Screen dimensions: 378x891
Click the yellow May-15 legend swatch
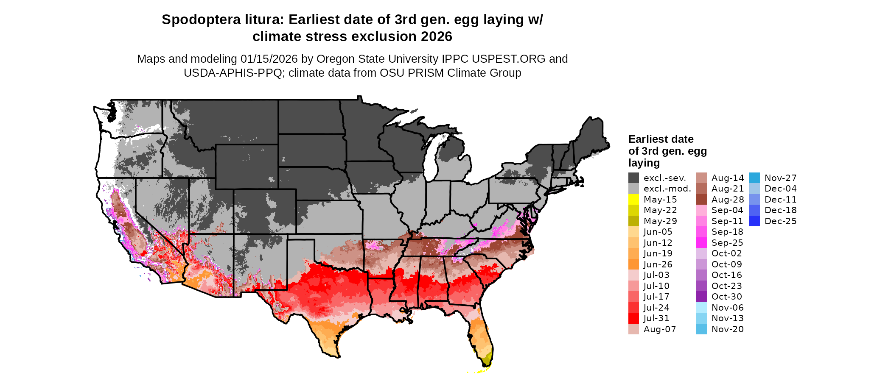633,200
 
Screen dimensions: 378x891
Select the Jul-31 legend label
656,318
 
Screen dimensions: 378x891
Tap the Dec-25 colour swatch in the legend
754,221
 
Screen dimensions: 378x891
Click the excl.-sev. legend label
664,178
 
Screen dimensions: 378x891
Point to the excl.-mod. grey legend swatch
633,189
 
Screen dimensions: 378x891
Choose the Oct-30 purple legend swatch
701,297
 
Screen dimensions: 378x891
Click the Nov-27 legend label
780,178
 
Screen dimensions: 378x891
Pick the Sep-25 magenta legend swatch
701,243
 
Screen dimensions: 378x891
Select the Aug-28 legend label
728,200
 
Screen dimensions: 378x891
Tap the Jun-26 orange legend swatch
633,264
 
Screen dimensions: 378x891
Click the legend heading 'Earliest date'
661,139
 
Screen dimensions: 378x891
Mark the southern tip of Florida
488,364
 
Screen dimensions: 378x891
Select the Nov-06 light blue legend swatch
701,308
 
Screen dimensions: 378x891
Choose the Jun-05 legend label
658,232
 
